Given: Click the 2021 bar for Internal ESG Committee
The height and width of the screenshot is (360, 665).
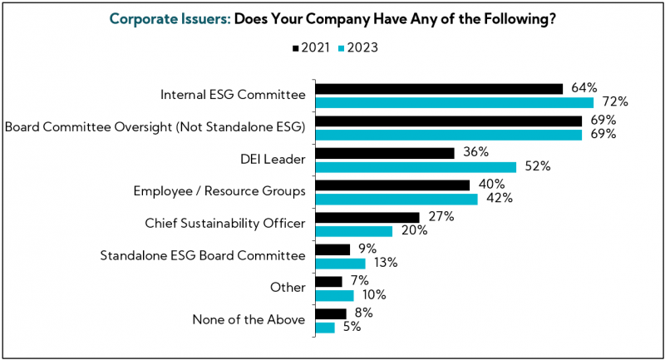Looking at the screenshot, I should click(439, 88).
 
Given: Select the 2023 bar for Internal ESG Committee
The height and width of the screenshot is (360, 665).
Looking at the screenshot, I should click(455, 102).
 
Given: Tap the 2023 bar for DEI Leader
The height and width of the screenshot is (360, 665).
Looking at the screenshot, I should click(416, 167).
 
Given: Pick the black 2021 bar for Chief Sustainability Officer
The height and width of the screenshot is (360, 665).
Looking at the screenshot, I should click(367, 217).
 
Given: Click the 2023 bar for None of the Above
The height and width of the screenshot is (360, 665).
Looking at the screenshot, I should click(325, 328).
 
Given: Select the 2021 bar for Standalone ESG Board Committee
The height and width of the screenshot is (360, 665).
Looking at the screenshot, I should click(332, 249).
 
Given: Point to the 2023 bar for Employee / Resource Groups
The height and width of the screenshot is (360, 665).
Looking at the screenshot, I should click(397, 199).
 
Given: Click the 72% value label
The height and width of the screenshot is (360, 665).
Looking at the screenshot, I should click(615, 102).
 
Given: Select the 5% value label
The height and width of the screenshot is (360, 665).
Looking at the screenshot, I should click(352, 328).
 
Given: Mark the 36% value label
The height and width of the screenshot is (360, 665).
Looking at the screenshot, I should click(475, 153).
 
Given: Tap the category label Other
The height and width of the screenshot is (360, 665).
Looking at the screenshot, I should click(288, 288).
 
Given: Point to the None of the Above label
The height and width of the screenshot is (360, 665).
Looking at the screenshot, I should click(249, 320).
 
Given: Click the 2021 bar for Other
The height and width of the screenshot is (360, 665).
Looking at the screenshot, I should click(328, 281).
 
